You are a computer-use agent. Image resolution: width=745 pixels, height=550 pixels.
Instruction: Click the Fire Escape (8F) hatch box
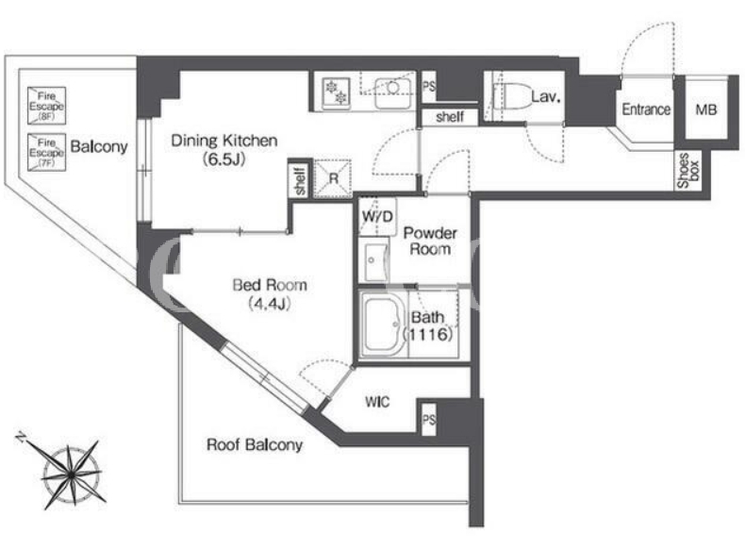tap(46, 106)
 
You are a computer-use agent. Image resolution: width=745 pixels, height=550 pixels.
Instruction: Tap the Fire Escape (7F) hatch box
tap(46, 152)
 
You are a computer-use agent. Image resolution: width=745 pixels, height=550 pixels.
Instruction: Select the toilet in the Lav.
tap(512, 97)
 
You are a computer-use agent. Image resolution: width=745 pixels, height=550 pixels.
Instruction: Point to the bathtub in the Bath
tap(383, 324)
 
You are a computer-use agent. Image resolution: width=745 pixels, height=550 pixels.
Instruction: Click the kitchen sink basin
tap(392, 93)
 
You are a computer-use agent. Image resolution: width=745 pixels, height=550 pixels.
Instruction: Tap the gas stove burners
tap(336, 92)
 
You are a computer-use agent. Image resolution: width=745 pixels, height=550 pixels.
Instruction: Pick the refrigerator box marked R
tap(333, 178)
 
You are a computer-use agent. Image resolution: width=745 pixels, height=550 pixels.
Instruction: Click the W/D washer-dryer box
tap(378, 217)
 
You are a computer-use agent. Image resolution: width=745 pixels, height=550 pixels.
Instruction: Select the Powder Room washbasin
tap(376, 260)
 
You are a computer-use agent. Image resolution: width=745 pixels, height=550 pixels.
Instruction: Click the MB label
tap(706, 109)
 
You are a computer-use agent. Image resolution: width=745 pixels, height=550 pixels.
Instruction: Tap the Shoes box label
tap(688, 170)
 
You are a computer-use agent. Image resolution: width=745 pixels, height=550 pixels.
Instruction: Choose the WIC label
tap(377, 402)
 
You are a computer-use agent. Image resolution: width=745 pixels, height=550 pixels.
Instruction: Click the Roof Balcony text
tap(255, 445)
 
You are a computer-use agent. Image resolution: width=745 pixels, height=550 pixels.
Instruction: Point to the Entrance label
tap(646, 109)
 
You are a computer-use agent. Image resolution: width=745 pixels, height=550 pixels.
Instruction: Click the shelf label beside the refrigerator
tap(300, 180)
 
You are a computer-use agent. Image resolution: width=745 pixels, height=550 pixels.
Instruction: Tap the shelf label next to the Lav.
tap(450, 117)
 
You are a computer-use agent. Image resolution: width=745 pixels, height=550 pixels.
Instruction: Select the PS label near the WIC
tap(428, 420)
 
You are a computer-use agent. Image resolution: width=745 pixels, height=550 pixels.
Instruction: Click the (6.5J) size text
tap(224, 159)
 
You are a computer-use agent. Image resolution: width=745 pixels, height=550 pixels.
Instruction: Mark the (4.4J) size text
tap(270, 304)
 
